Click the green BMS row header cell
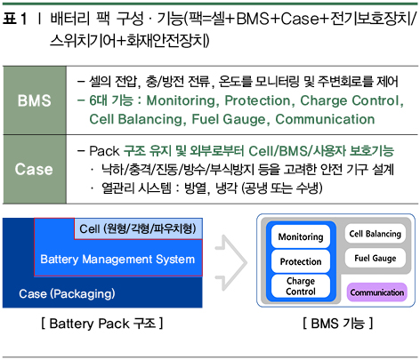(35, 100)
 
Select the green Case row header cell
(35, 169)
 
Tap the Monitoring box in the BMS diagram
(301, 236)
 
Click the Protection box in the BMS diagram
(301, 261)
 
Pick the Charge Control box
(301, 286)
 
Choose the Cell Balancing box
(375, 234)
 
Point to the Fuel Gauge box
(375, 258)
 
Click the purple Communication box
(376, 292)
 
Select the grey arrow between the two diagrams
(231, 262)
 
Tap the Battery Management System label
(117, 260)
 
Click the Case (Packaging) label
(67, 293)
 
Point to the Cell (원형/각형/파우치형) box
(138, 228)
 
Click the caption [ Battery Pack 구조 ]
(102, 324)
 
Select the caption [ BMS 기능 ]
(337, 324)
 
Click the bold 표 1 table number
(15, 19)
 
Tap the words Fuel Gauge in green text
(229, 119)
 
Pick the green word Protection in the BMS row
(257, 100)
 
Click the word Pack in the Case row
(104, 151)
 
